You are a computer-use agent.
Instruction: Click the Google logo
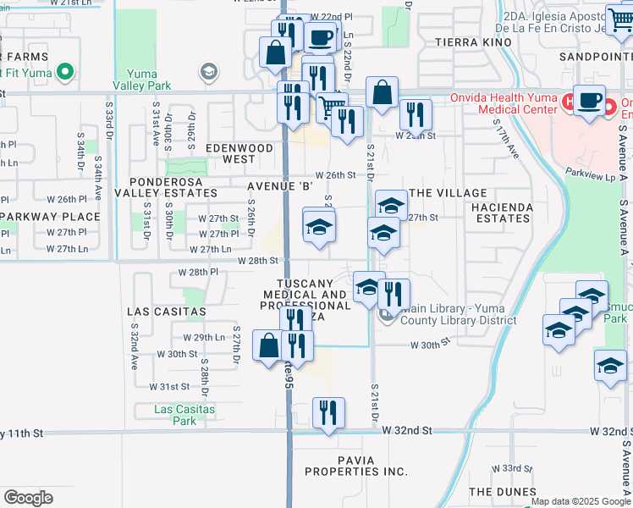pyautogui.click(x=28, y=498)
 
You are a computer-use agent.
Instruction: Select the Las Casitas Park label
pyautogui.click(x=184, y=415)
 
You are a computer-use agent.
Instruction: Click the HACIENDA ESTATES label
pyautogui.click(x=503, y=213)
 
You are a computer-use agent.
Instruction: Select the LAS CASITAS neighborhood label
pyautogui.click(x=167, y=312)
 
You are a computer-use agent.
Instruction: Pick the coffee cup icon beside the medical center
pyautogui.click(x=590, y=100)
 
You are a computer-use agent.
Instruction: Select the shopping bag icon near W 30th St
pyautogui.click(x=268, y=345)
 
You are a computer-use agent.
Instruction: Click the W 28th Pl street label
pyautogui.click(x=198, y=273)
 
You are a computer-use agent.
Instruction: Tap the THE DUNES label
pyautogui.click(x=502, y=492)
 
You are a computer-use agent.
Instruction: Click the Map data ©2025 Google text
pyautogui.click(x=581, y=501)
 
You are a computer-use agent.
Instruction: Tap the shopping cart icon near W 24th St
pyautogui.click(x=332, y=108)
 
